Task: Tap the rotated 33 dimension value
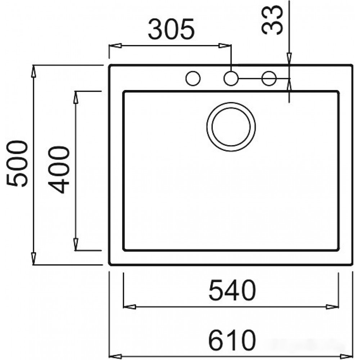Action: click(x=272, y=20)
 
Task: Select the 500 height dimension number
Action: click(x=17, y=163)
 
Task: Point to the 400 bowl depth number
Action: click(x=59, y=170)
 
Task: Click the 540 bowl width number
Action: click(x=232, y=290)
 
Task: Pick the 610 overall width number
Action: click(x=232, y=339)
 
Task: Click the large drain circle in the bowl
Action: click(x=231, y=127)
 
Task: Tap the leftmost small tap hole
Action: click(x=193, y=78)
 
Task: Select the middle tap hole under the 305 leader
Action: click(x=231, y=78)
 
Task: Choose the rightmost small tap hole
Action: click(x=269, y=78)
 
